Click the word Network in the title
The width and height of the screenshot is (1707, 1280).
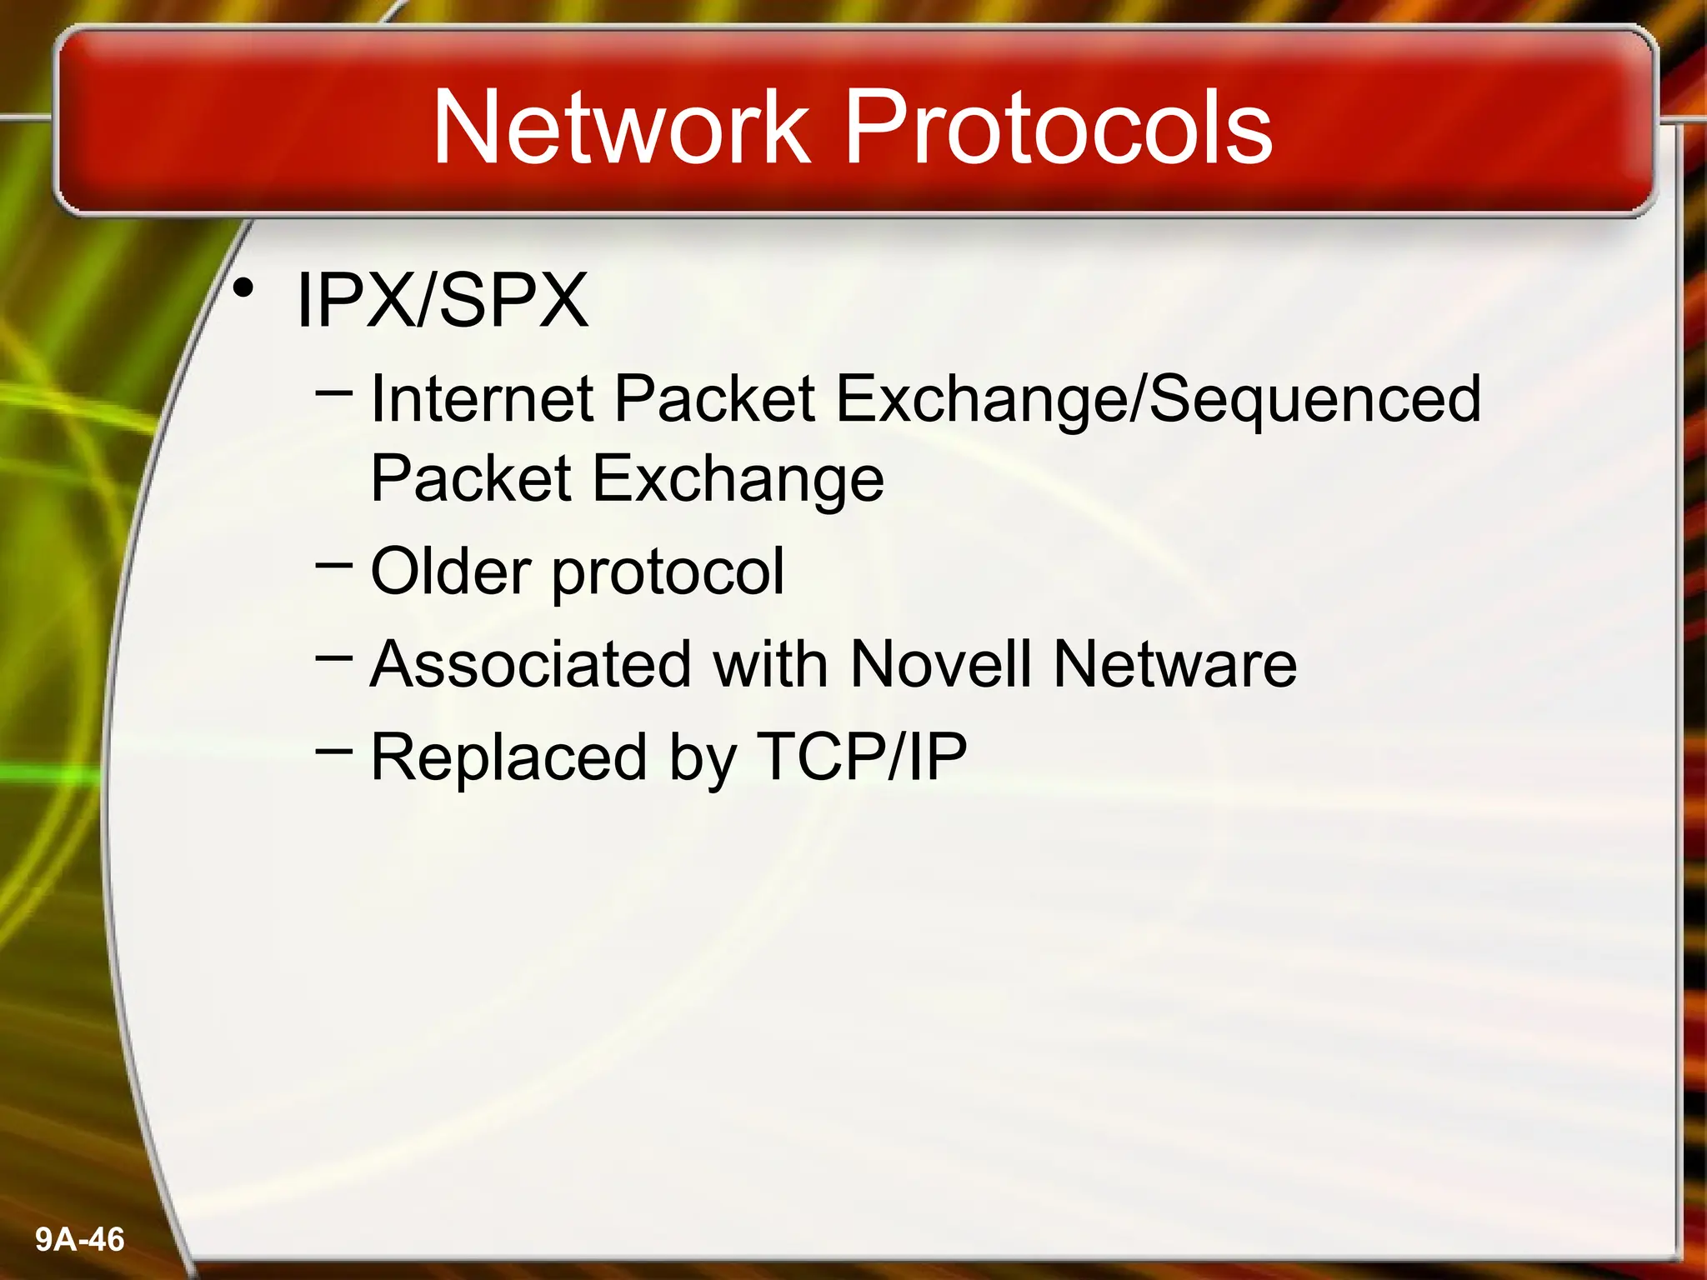tap(621, 127)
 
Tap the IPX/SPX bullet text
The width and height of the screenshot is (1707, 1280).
tap(442, 301)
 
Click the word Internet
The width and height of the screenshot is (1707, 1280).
tap(482, 399)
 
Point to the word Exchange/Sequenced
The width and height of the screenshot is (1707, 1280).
tap(1159, 399)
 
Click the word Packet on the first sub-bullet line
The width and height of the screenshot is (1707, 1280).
tap(714, 399)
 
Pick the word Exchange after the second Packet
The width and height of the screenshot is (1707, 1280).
tap(738, 481)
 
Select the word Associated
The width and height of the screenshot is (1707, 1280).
tap(531, 664)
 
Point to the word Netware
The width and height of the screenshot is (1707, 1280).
tap(1175, 664)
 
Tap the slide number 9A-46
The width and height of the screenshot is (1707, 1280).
tap(80, 1240)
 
